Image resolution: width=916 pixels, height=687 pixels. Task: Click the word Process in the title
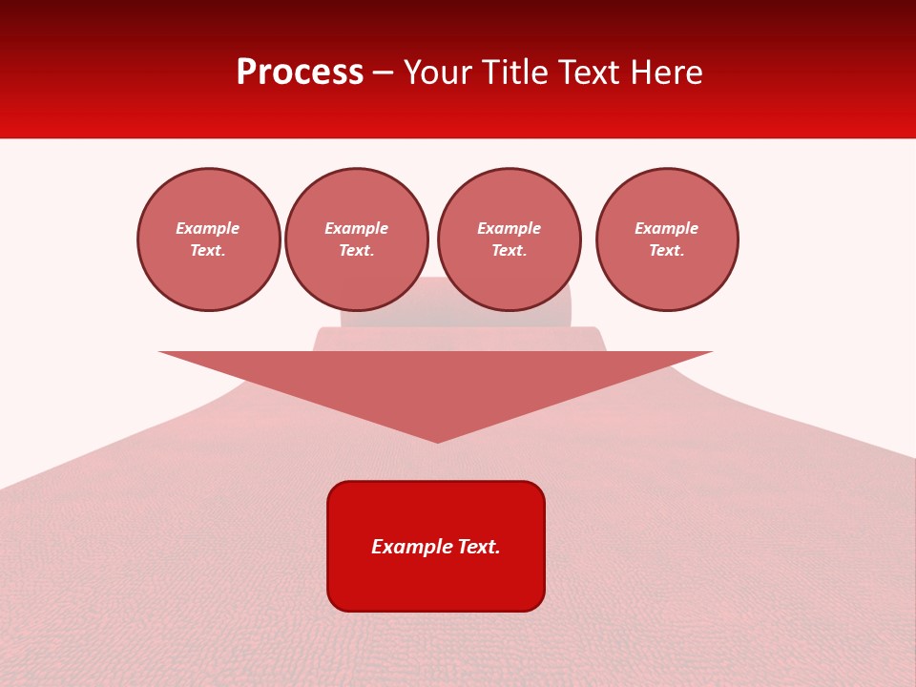[300, 73]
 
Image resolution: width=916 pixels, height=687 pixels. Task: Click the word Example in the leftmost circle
[208, 228]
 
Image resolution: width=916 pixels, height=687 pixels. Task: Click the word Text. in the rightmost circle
[667, 251]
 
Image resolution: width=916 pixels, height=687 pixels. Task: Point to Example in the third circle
[510, 228]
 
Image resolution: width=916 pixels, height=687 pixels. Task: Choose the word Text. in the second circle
[357, 251]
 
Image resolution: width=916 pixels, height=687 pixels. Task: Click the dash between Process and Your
[384, 73]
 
